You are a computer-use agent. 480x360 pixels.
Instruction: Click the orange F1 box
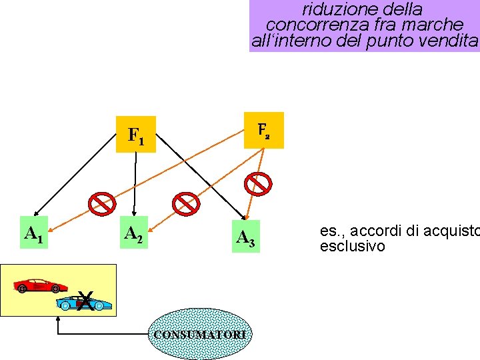click(x=136, y=135)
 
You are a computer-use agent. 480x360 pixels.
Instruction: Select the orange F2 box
click(x=265, y=129)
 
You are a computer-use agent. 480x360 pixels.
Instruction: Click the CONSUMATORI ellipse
click(x=200, y=333)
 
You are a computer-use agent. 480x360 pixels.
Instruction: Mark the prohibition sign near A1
click(x=103, y=204)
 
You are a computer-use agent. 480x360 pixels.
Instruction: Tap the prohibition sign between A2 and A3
click(x=185, y=204)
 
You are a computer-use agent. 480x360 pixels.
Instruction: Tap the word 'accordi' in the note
click(x=374, y=231)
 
